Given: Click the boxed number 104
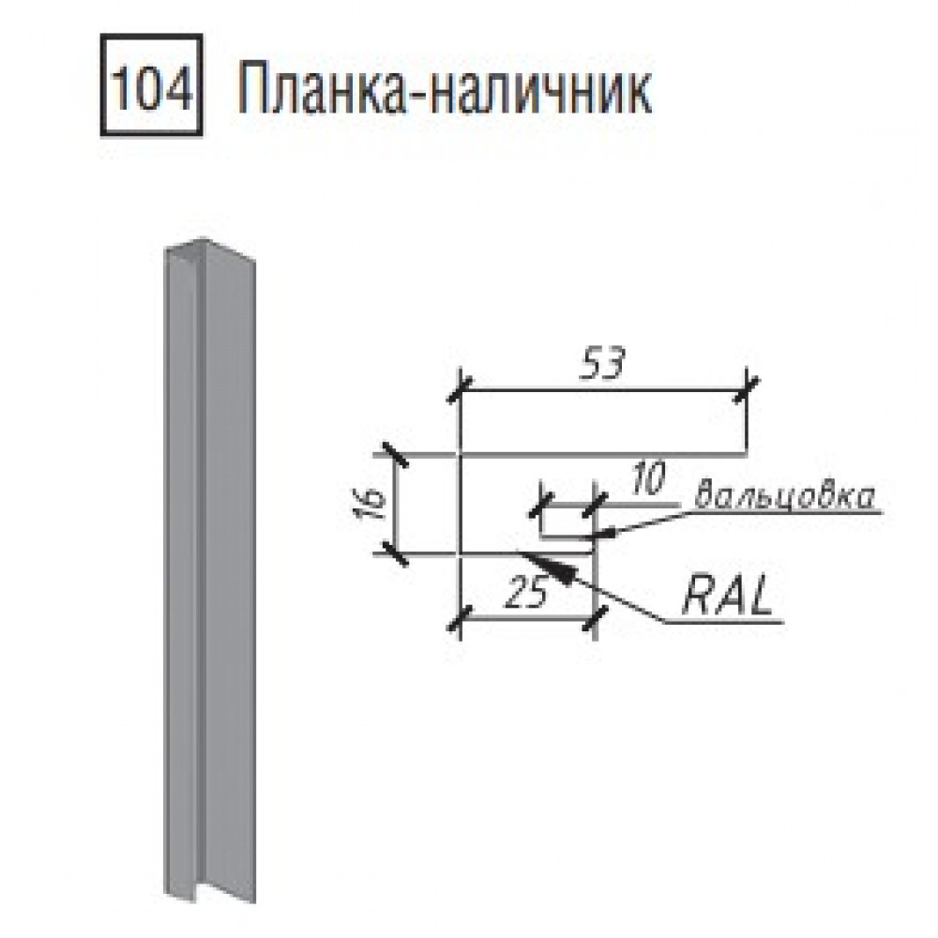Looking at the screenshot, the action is point(151,85).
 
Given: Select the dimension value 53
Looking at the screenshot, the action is point(602,364).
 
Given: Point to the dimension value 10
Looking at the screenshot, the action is point(646,479).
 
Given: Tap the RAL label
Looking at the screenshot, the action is point(726,597).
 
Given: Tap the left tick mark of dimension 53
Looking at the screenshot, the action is point(460,391).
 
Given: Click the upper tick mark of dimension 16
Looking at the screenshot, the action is point(396,455).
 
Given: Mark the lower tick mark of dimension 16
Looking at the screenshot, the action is point(396,554).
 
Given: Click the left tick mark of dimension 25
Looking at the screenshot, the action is point(460,620).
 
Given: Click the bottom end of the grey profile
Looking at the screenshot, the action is point(209,893).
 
